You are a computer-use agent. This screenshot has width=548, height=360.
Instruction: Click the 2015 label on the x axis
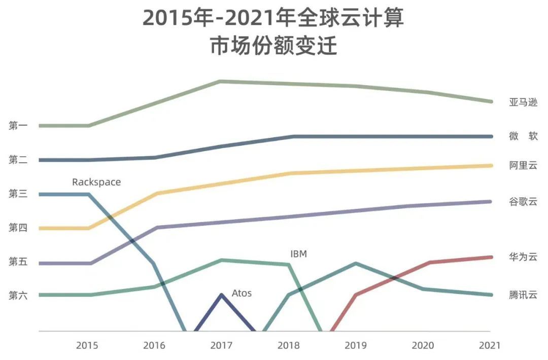[x=87, y=346]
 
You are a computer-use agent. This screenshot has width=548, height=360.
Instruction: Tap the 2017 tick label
[x=221, y=346]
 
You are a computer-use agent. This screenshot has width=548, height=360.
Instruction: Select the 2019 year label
[x=355, y=346]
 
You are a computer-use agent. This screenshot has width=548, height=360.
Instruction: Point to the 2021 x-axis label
[x=489, y=346]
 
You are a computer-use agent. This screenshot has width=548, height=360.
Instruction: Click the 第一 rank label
[x=18, y=126]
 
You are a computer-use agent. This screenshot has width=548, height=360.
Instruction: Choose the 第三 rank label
[x=18, y=194]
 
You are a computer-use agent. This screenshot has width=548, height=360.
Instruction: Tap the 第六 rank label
[x=18, y=295]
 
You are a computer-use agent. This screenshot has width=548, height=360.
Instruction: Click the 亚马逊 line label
[x=523, y=102]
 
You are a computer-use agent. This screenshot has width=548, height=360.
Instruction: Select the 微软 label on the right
[x=523, y=136]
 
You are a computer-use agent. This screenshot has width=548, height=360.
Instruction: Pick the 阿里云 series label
[x=523, y=165]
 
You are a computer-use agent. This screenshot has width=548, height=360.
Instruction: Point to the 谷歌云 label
[x=523, y=202]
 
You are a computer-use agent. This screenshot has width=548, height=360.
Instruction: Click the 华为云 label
[x=523, y=257]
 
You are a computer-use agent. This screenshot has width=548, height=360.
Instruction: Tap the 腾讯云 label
[x=523, y=295]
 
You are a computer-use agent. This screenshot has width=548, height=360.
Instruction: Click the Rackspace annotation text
[x=96, y=182]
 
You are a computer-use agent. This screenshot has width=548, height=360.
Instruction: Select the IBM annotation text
[x=298, y=254]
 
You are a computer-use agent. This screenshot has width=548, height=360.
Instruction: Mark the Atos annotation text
[x=242, y=293]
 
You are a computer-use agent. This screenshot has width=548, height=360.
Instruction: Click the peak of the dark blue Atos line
[x=222, y=295]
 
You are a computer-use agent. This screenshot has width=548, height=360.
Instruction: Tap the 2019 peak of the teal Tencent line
[x=356, y=263]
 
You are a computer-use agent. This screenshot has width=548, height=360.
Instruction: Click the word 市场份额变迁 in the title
[x=273, y=47]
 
